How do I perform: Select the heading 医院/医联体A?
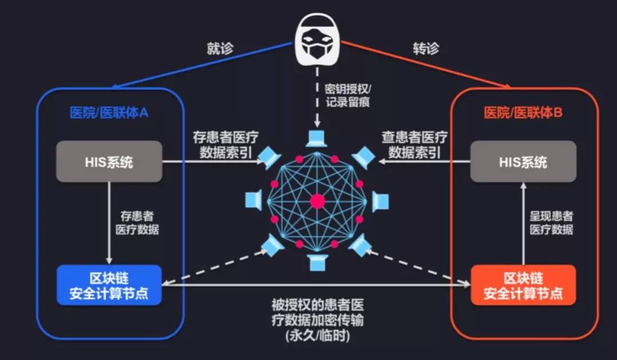[x=109, y=113]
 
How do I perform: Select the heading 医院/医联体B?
[x=523, y=113]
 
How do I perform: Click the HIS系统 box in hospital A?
[x=109, y=162]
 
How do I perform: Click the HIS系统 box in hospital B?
[x=523, y=162]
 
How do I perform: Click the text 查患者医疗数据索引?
[x=414, y=145]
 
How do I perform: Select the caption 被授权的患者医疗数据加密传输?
[x=318, y=311]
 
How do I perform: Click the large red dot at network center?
[x=316, y=201]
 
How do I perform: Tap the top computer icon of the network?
[x=316, y=138]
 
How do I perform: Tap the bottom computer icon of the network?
[x=316, y=262]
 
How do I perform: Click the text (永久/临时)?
[x=318, y=336]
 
